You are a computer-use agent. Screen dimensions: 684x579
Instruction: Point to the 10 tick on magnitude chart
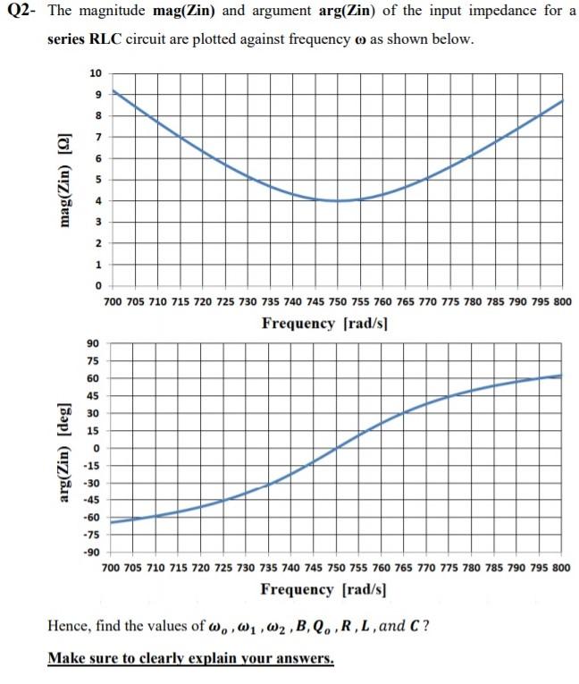pyautogui.click(x=96, y=72)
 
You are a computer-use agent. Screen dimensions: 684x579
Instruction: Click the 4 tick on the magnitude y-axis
pyautogui.click(x=99, y=200)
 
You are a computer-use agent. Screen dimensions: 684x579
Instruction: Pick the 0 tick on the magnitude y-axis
pyautogui.click(x=99, y=285)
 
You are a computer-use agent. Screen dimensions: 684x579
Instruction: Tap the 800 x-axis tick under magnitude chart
pyautogui.click(x=562, y=301)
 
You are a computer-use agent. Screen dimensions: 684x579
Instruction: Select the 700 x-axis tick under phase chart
pyautogui.click(x=113, y=568)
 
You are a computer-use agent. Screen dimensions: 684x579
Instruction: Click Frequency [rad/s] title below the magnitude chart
pyautogui.click(x=323, y=323)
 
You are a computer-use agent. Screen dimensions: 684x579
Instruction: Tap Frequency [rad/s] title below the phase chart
pyautogui.click(x=323, y=589)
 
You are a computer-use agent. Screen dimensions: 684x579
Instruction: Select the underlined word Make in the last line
pyautogui.click(x=64, y=659)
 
